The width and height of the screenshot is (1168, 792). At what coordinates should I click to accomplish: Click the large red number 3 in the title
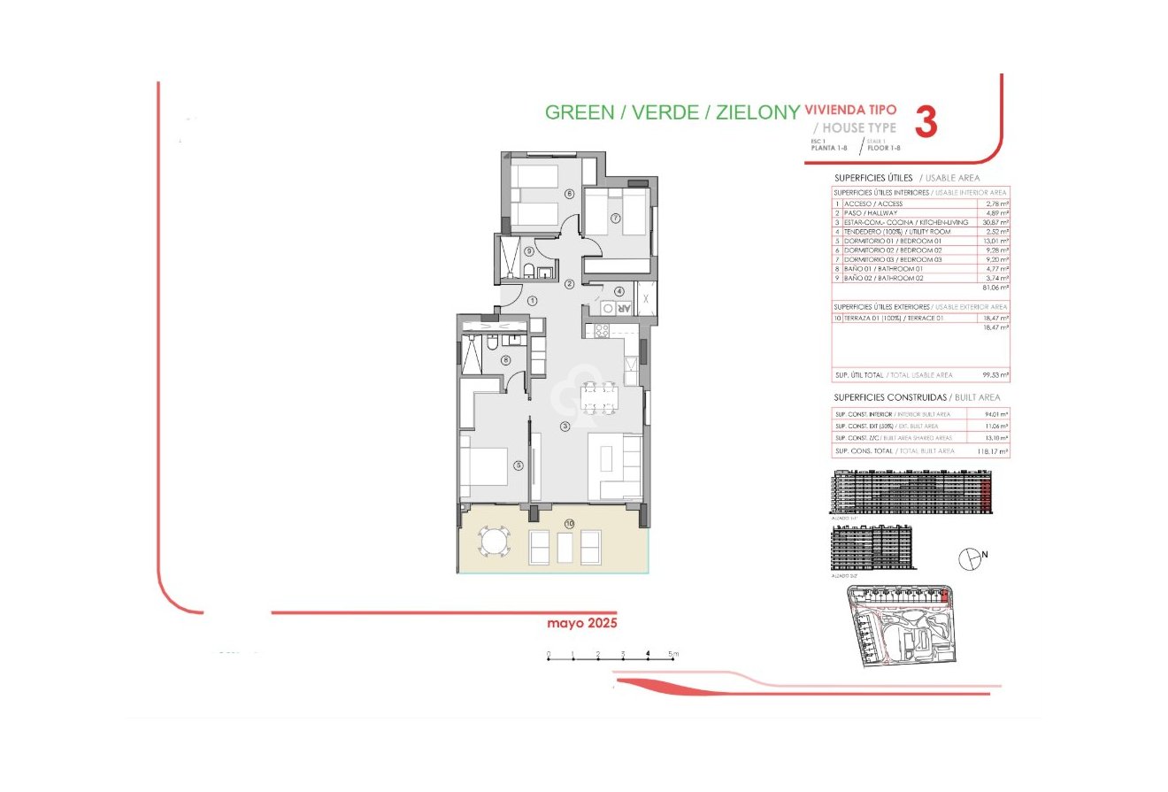point(925,122)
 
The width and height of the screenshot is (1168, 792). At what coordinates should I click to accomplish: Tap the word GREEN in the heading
point(579,112)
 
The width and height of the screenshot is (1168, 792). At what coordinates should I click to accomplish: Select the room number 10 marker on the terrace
point(568,524)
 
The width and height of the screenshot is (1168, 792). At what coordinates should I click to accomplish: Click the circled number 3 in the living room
point(565,427)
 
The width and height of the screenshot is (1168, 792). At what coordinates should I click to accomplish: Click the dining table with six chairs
point(598,397)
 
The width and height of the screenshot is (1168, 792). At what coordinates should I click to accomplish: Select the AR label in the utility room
point(623,309)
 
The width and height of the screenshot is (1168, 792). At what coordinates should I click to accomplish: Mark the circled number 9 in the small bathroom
point(528,251)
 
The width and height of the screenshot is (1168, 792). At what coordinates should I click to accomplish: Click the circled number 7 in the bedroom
point(614,219)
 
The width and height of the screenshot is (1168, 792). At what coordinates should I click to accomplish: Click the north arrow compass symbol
point(972,557)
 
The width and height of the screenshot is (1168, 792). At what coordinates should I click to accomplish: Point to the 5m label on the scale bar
point(673,655)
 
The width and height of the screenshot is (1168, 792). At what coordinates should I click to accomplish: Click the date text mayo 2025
point(581,623)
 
